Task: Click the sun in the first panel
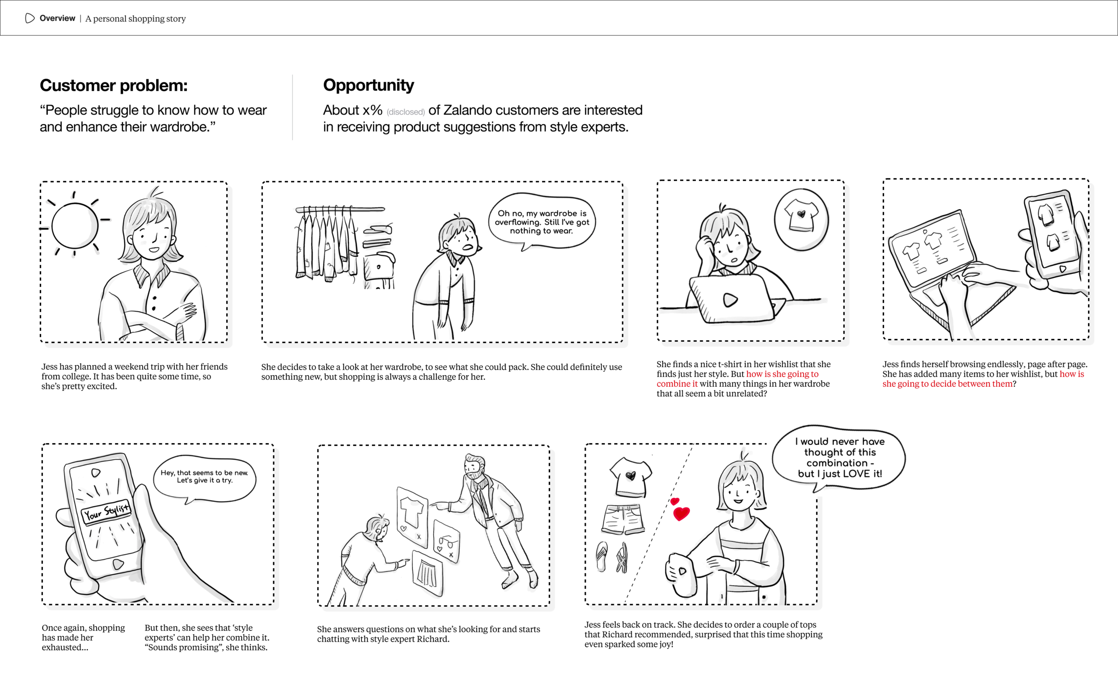(75, 226)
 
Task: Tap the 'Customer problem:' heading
(114, 85)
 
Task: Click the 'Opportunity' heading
(368, 85)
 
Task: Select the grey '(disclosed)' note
(405, 112)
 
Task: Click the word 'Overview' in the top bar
(57, 18)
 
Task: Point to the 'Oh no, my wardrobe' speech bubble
(542, 222)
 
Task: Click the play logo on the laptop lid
(730, 300)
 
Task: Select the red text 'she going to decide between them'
(947, 384)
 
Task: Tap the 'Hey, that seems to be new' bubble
(204, 477)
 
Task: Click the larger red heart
(681, 514)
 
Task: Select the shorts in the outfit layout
(623, 519)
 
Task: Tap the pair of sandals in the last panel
(611, 557)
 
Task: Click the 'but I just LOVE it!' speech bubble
(839, 458)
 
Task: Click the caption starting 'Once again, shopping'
(83, 637)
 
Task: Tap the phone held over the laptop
(1052, 233)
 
